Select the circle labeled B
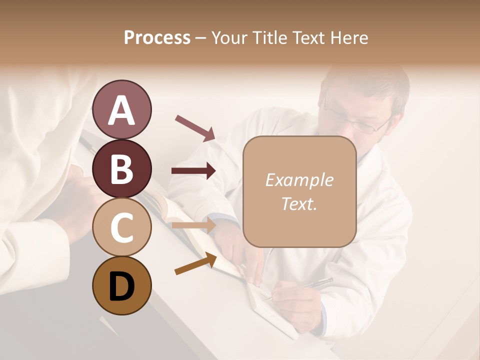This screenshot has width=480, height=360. pos(121,168)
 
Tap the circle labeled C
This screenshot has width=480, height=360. pos(121,227)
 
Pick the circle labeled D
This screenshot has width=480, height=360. pos(121,285)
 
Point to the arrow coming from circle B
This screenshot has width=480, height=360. pos(193,171)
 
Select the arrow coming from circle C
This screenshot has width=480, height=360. pos(193,225)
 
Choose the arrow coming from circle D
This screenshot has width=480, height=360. pos(195,264)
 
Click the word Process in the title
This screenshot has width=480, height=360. pos(157,38)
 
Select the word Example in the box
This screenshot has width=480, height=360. pos(299,180)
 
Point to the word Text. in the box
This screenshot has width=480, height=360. pos(299,203)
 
